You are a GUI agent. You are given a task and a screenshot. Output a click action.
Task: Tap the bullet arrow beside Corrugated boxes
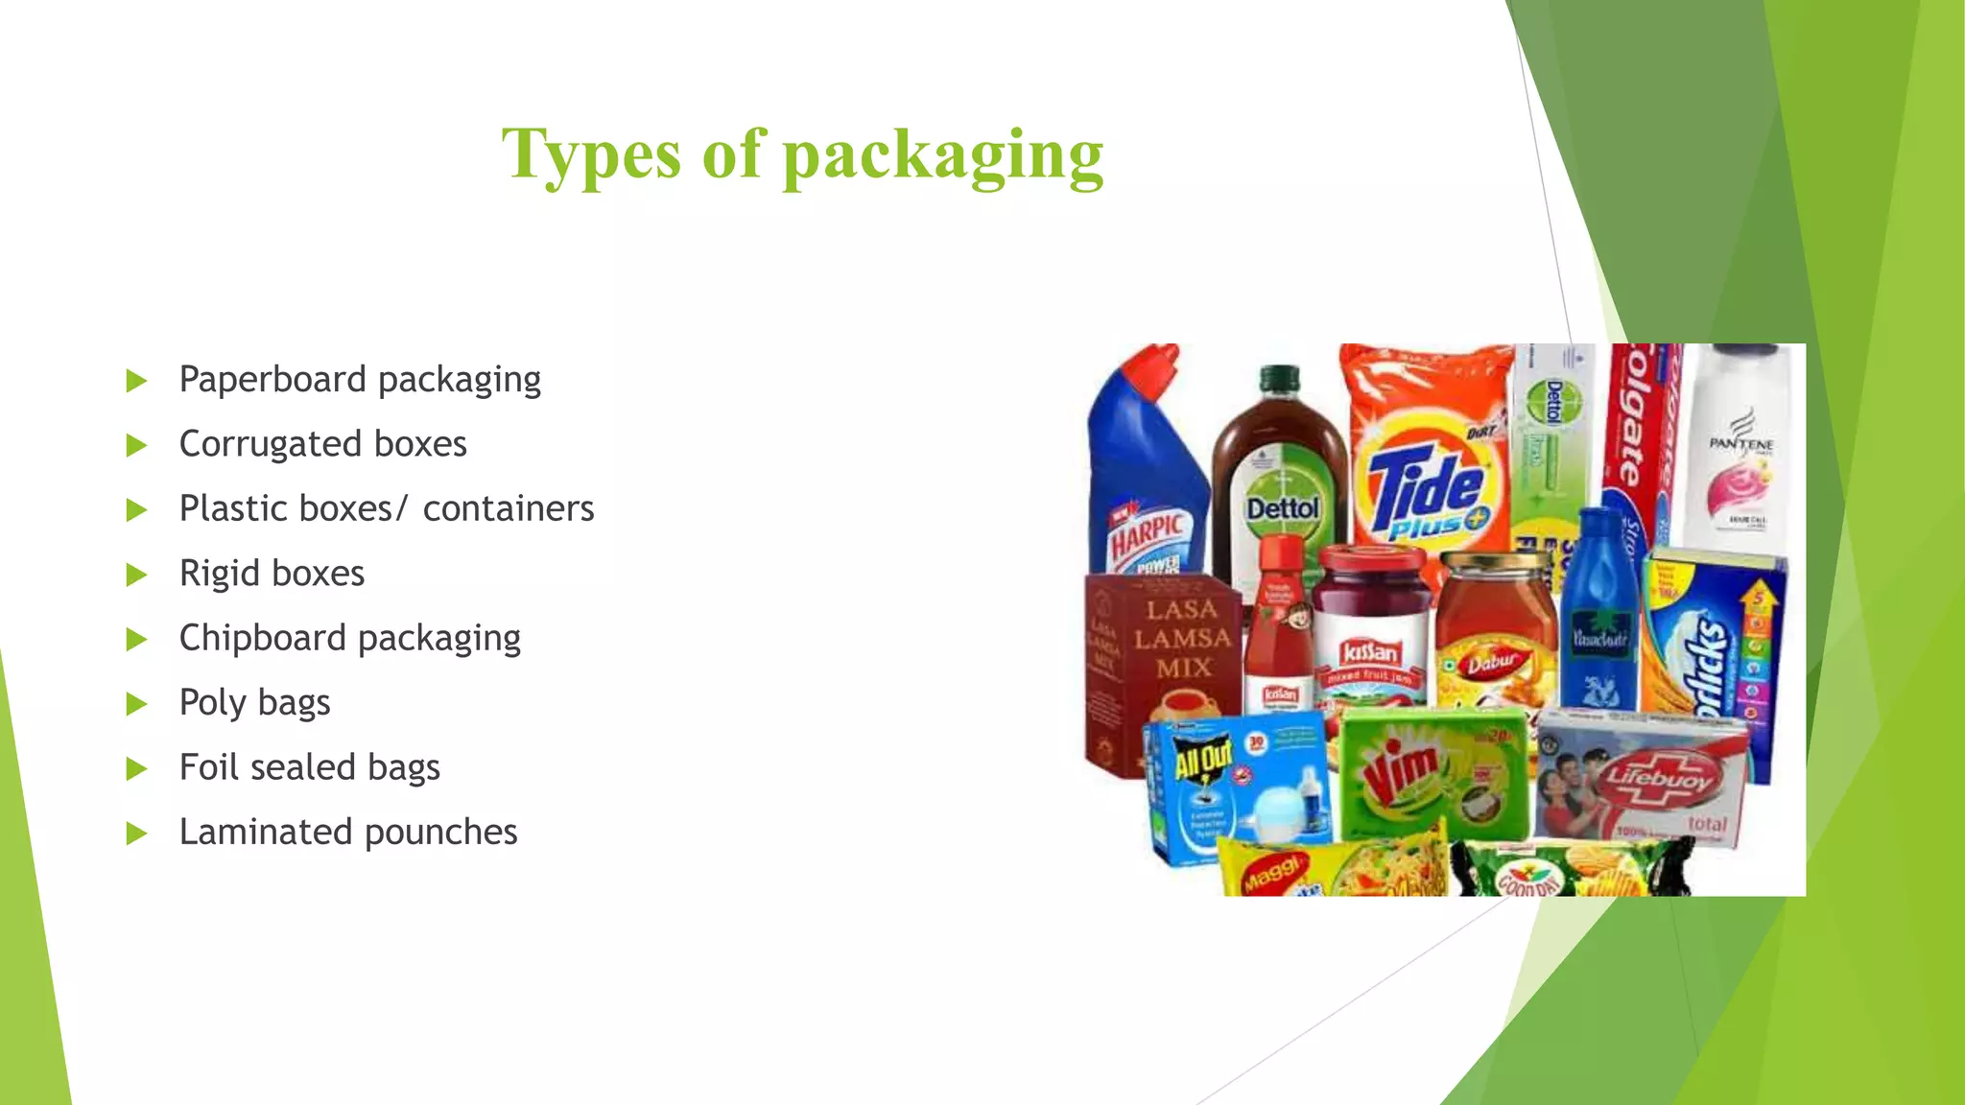136,446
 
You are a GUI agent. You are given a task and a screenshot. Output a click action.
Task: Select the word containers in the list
508,509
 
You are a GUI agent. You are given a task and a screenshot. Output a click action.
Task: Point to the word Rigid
220,574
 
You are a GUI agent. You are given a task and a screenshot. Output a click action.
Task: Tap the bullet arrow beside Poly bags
136,705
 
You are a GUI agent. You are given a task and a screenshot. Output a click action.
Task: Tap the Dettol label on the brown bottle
1282,508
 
